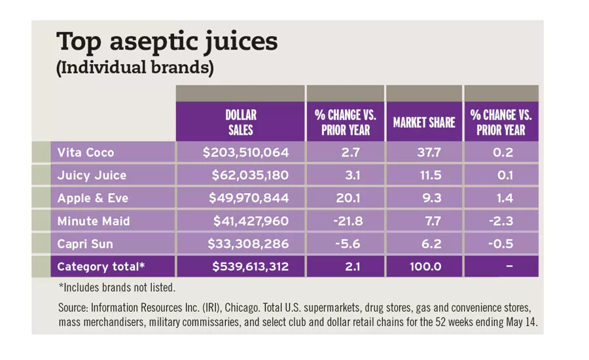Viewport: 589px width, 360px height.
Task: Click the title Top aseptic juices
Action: [167, 42]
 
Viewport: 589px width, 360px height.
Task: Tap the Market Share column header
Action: [424, 122]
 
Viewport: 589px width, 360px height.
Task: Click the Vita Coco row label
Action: [86, 153]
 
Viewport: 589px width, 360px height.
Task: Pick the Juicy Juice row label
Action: [92, 175]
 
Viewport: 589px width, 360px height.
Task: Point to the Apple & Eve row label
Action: [94, 198]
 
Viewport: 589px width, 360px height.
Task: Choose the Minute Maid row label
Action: [94, 221]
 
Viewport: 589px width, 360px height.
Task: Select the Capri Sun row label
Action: [85, 244]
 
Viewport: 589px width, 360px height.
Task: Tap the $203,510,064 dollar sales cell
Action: [245, 153]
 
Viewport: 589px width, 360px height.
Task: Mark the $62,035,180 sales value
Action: [250, 175]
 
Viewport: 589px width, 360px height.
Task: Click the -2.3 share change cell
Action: [501, 221]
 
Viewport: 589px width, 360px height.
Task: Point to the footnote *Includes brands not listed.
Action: [117, 287]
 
